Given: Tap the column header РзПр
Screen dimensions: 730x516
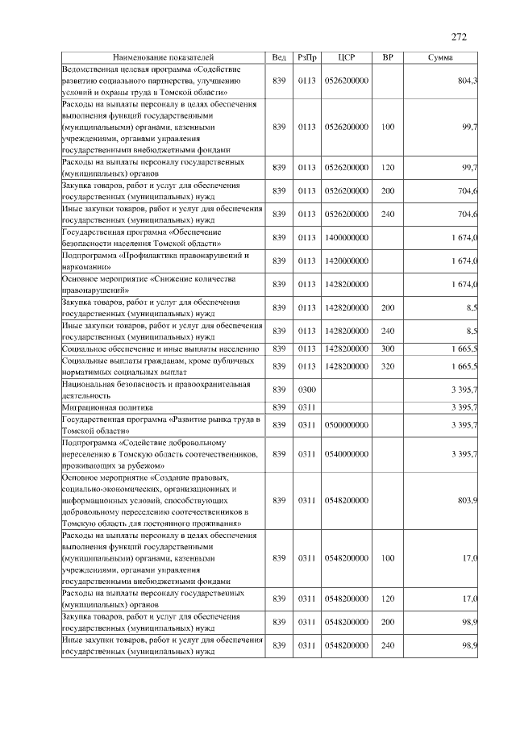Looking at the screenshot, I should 307,58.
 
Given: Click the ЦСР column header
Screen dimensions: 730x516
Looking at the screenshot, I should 347,58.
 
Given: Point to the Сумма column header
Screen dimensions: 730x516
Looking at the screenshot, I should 439,58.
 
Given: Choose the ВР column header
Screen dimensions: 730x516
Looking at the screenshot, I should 388,58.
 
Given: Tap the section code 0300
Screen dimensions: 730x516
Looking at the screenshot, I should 307,390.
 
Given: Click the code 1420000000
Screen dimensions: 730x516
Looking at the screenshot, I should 347,261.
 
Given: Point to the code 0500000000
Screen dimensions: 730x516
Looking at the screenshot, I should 347,425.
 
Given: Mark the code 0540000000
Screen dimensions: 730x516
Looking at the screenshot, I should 347,454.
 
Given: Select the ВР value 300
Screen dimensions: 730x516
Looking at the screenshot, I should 388,348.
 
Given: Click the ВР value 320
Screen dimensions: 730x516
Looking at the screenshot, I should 388,366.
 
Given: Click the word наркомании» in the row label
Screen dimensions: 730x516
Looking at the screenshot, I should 87,266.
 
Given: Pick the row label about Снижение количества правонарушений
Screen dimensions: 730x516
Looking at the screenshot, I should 149,284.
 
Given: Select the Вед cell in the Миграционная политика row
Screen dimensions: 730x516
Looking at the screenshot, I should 279,407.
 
